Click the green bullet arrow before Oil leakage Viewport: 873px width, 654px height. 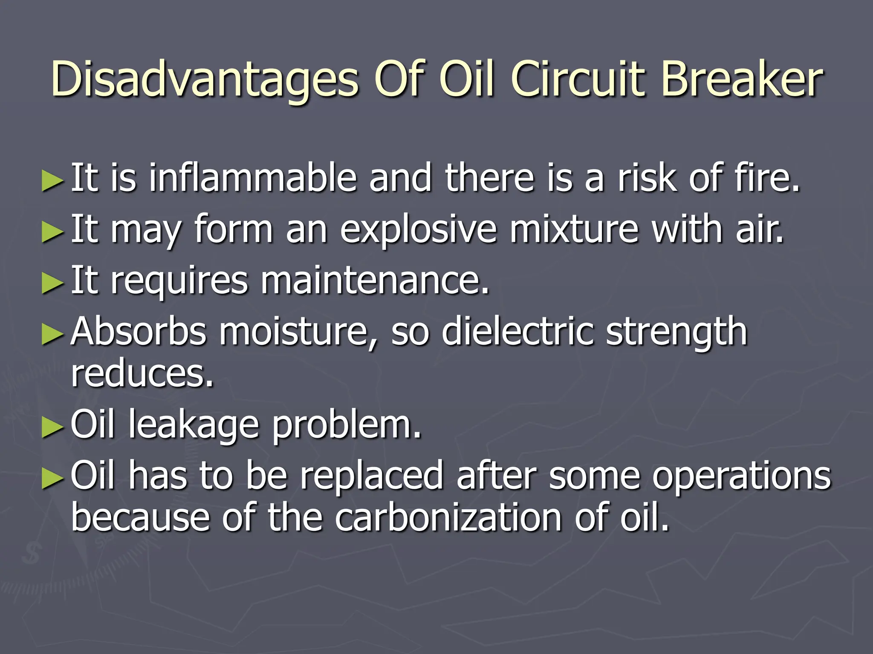53,427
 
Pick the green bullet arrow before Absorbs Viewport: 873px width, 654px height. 53,333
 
